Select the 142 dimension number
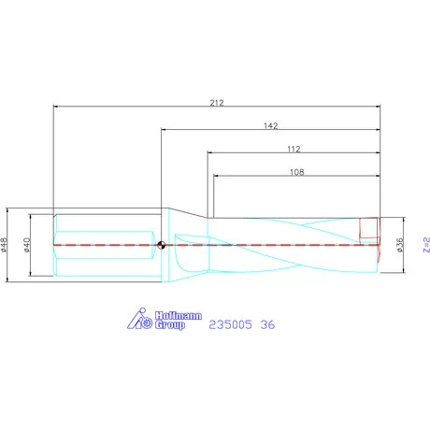click(x=271, y=124)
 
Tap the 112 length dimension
click(x=294, y=149)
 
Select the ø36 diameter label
click(x=399, y=246)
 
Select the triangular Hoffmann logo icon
click(x=137, y=321)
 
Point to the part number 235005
click(x=230, y=324)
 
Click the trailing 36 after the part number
click(x=269, y=324)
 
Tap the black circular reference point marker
click(x=162, y=246)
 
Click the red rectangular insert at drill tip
click(x=370, y=230)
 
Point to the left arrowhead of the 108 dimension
click(x=218, y=178)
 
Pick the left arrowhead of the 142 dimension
click(x=165, y=131)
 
